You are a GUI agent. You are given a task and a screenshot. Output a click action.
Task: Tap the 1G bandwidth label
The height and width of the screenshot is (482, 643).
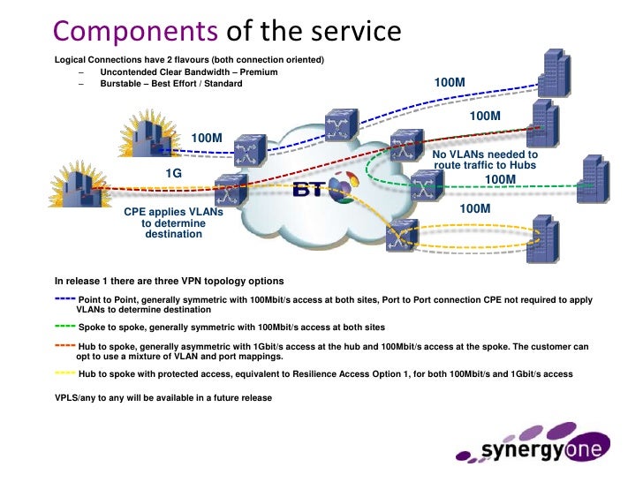tap(173, 174)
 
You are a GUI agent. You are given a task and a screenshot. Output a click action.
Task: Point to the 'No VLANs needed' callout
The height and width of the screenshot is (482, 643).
tap(485, 160)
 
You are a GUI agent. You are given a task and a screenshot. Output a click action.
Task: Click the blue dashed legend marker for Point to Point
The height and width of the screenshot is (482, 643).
tap(64, 299)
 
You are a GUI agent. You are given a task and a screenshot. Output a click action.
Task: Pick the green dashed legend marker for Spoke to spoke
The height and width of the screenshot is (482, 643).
tap(64, 326)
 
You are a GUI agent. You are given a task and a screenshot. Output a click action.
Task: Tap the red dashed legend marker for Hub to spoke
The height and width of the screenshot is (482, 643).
tap(64, 346)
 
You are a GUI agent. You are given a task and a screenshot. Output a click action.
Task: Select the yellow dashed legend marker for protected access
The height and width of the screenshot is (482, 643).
tap(64, 373)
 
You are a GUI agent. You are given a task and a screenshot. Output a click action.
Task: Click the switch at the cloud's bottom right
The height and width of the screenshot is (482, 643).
tap(403, 233)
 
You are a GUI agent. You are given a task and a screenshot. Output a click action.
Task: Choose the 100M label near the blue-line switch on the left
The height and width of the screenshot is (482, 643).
tap(207, 138)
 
